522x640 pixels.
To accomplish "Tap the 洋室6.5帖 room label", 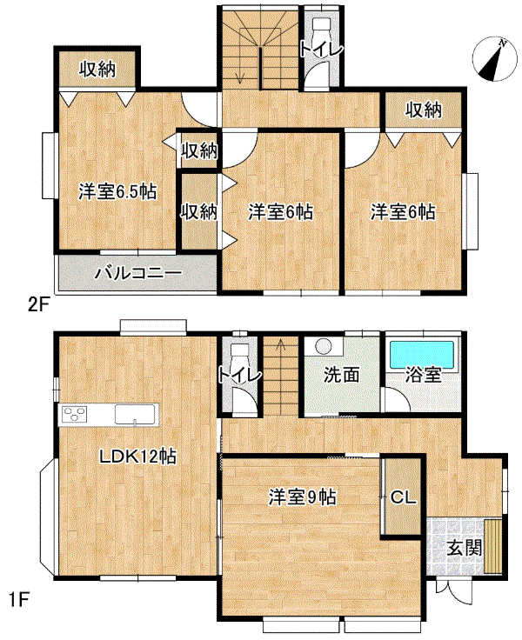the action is pyautogui.click(x=117, y=191).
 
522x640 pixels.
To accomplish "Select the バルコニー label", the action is pyautogui.click(x=138, y=273).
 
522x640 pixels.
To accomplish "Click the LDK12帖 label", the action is pyautogui.click(x=138, y=457).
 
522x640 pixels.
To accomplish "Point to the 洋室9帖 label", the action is pyautogui.click(x=302, y=497).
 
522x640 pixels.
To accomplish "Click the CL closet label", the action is pyautogui.click(x=403, y=497).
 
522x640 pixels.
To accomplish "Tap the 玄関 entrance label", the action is pyautogui.click(x=465, y=548).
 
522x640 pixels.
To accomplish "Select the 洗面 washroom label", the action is pyautogui.click(x=341, y=375).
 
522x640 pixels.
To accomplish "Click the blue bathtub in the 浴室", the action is pyautogui.click(x=422, y=355).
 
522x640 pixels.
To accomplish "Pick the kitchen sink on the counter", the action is pyautogui.click(x=135, y=414).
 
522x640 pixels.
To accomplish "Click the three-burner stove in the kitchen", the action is pyautogui.click(x=75, y=414).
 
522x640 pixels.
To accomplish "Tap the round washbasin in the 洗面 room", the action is pyautogui.click(x=323, y=347).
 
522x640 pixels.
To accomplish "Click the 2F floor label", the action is pyautogui.click(x=38, y=305).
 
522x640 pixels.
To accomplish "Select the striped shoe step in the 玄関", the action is pyautogui.click(x=493, y=547).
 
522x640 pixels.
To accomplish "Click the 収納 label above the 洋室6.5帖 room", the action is pyautogui.click(x=97, y=69).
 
